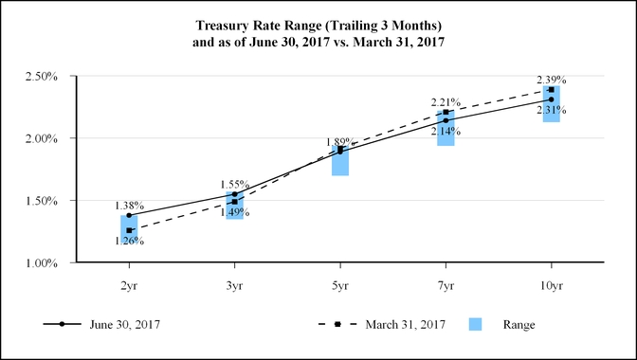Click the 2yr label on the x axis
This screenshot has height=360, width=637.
(x=129, y=283)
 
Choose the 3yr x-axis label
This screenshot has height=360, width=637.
(x=234, y=283)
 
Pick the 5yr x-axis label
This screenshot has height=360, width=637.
(x=339, y=283)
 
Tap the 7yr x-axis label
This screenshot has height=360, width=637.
(x=446, y=283)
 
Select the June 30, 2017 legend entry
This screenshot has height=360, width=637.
(x=122, y=325)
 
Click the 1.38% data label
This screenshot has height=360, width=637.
(x=129, y=206)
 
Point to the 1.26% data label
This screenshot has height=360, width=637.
(x=129, y=241)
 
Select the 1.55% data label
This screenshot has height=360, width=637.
(x=235, y=184)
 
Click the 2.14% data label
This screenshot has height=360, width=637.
(x=446, y=131)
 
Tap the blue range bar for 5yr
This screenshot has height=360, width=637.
(x=339, y=161)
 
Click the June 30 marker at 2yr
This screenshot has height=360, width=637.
(x=129, y=216)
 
